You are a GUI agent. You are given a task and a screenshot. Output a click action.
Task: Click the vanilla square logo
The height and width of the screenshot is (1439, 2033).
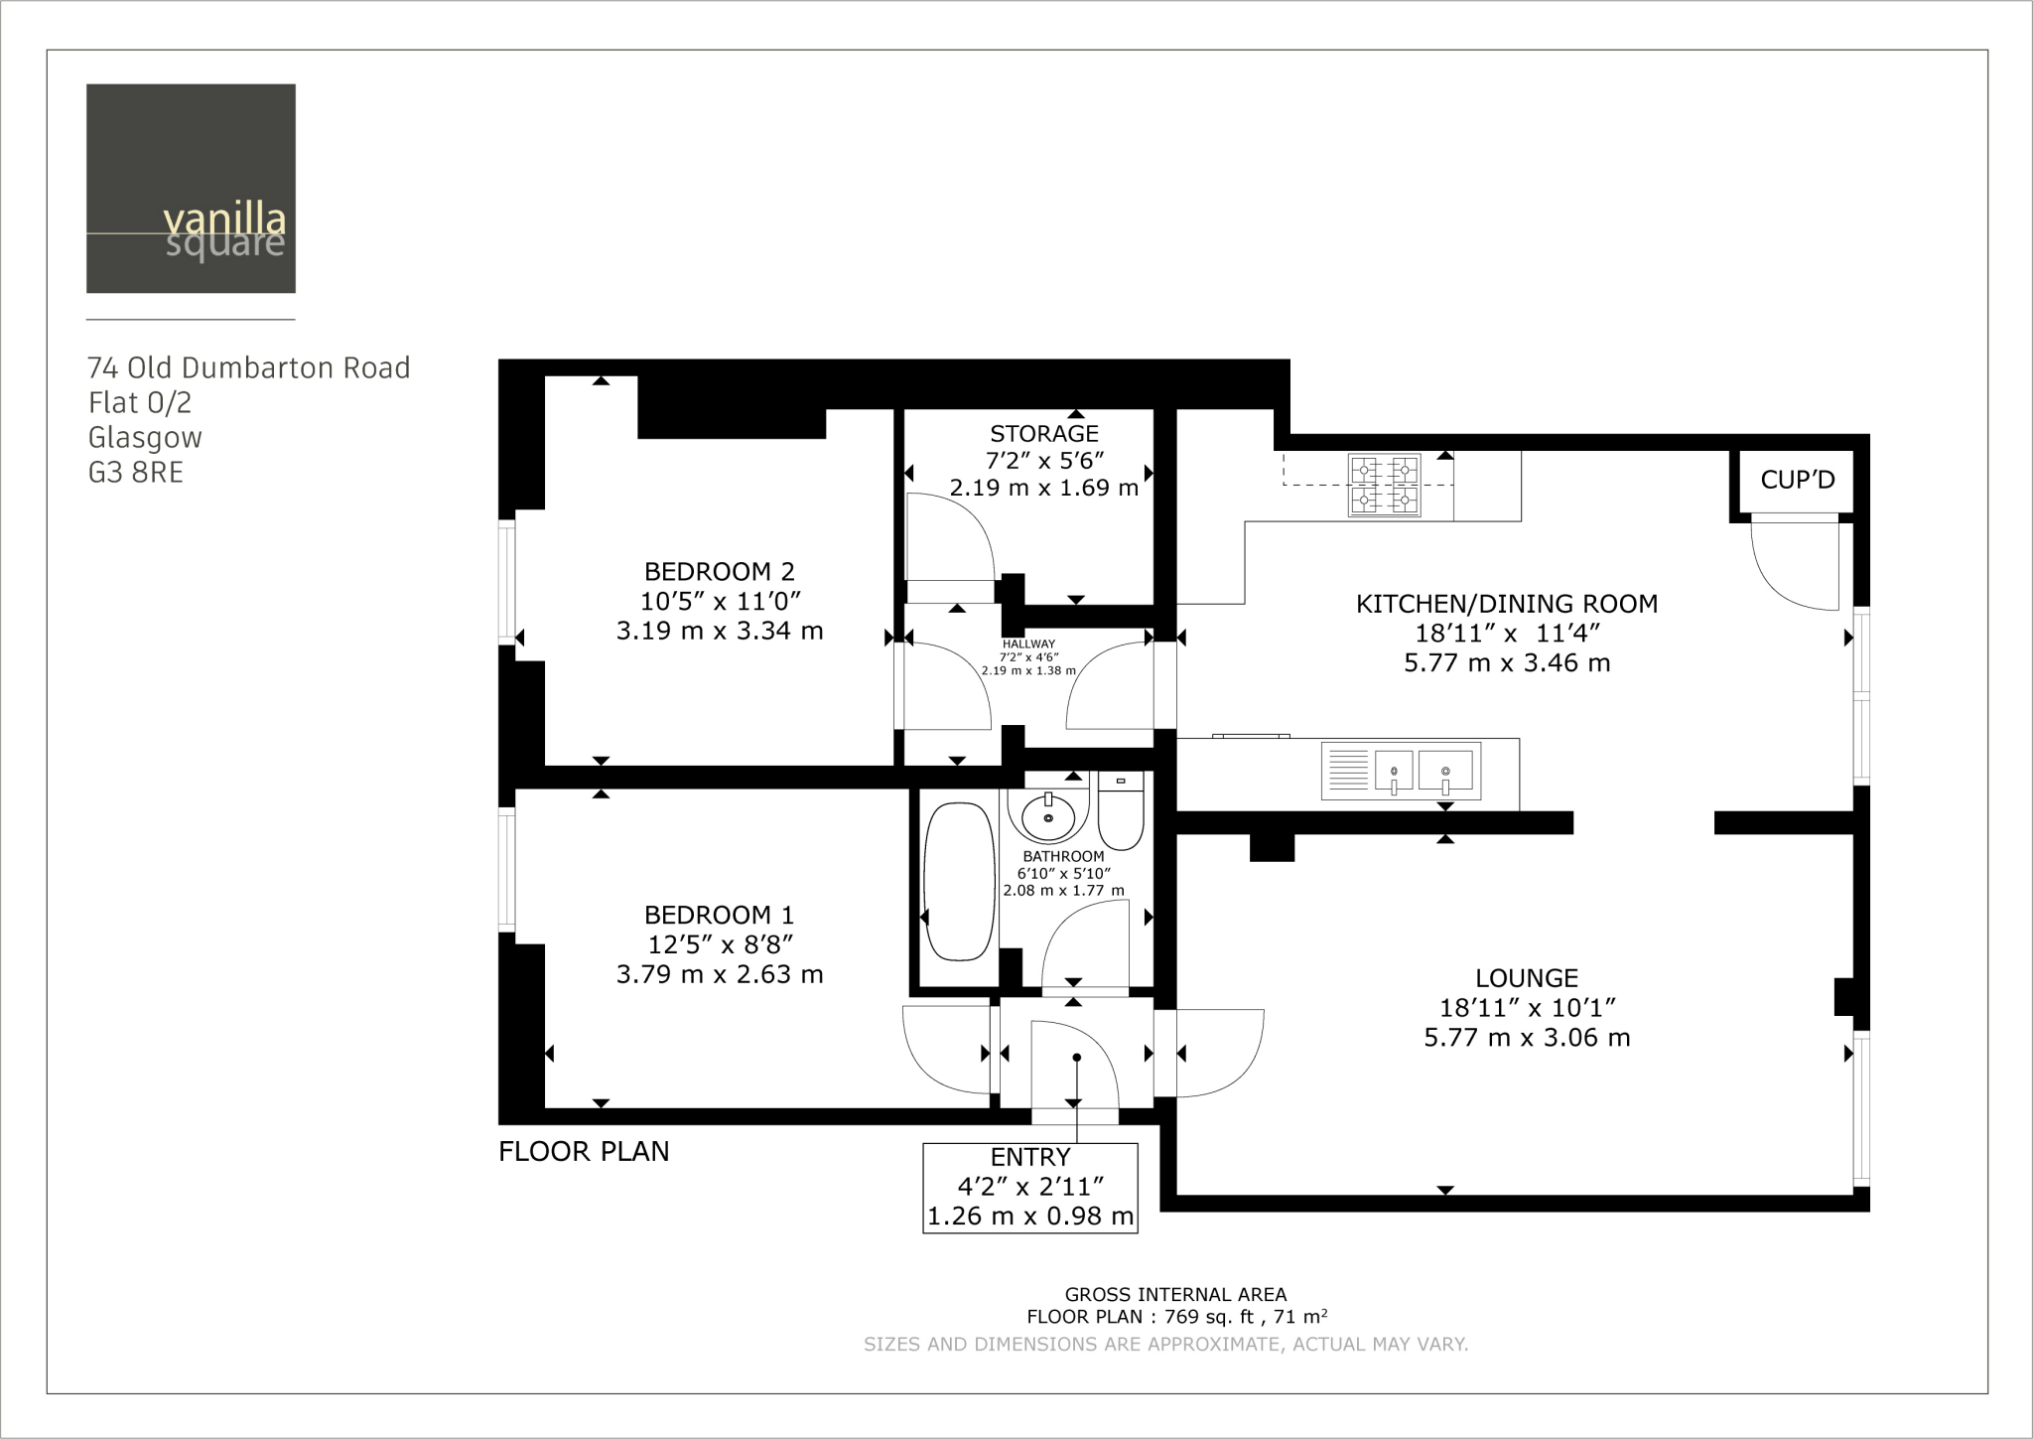[x=191, y=189]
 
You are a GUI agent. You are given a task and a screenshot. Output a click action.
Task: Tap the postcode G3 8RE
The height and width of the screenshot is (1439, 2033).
[x=136, y=473]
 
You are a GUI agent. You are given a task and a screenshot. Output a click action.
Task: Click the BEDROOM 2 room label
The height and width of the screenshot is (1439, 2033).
[x=720, y=572]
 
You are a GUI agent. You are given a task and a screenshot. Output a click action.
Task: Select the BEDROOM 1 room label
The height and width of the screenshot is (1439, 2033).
[x=720, y=915]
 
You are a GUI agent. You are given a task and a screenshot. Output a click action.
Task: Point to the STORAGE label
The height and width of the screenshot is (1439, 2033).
[x=1044, y=434]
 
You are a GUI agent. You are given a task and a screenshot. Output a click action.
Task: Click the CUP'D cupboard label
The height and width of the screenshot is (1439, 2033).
[x=1798, y=481]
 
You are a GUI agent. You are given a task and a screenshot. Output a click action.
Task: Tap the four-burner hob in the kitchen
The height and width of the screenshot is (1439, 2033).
[x=1384, y=486]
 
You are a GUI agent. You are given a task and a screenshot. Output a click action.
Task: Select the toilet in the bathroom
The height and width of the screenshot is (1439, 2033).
[x=1122, y=813]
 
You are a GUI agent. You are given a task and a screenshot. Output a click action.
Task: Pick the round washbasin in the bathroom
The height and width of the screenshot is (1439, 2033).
[x=1048, y=818]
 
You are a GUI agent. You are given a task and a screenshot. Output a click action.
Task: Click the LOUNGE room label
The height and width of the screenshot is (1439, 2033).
[x=1527, y=978]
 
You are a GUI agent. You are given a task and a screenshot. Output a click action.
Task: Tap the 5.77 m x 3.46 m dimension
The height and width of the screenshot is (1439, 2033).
[x=1507, y=663]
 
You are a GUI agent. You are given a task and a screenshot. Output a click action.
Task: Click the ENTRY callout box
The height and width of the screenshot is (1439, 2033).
[x=1030, y=1188]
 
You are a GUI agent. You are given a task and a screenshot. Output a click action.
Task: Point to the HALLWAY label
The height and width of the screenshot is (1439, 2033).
[x=1028, y=645]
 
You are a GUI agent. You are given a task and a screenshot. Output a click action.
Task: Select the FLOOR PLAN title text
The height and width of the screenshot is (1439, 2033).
[x=584, y=1152]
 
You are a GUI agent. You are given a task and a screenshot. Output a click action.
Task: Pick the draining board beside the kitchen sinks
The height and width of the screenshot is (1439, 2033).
[x=1346, y=770]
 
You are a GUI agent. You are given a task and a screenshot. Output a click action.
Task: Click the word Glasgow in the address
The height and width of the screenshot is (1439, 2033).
[x=145, y=438]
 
